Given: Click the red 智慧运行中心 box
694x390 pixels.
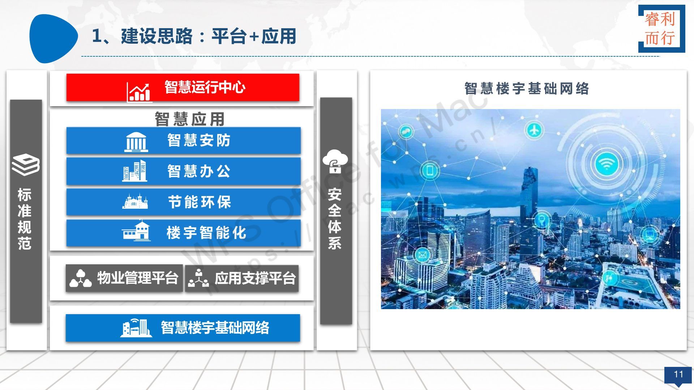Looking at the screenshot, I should click(x=183, y=87).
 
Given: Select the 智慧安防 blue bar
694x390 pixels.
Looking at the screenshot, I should click(x=183, y=140).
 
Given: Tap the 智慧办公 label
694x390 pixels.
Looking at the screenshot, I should click(x=199, y=171).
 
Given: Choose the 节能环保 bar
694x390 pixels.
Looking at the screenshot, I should click(x=183, y=202).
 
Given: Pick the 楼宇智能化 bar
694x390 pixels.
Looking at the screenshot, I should click(x=183, y=233).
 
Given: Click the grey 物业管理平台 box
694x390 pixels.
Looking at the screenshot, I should click(x=124, y=278).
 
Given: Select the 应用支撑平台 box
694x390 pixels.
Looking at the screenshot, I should click(x=242, y=278).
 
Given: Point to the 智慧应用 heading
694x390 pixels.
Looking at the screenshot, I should click(x=190, y=119).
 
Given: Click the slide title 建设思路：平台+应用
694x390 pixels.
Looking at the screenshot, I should click(x=194, y=36).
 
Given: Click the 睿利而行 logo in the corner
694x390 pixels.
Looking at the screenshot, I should click(x=661, y=29).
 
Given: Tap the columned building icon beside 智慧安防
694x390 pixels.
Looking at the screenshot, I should click(x=136, y=142).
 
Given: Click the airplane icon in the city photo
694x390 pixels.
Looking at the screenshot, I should click(x=534, y=130).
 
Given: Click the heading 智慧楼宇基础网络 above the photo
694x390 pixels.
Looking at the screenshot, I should click(x=527, y=88).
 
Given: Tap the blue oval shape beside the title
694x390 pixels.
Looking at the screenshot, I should click(x=53, y=38).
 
